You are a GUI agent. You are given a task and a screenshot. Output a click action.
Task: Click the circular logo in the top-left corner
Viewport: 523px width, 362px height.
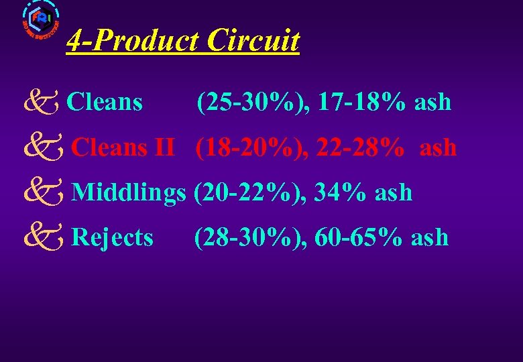40,20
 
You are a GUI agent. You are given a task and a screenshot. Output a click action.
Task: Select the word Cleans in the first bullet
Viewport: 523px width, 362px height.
105,103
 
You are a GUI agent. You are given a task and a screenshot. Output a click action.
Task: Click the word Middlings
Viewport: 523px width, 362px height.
128,193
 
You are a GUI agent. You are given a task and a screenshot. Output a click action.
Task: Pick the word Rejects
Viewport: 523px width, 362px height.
112,237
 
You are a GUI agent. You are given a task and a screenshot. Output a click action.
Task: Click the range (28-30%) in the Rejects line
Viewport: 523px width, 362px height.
249,237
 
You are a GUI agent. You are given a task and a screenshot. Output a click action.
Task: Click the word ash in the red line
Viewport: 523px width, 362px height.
438,148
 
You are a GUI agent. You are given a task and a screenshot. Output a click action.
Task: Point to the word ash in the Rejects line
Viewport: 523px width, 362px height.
430,238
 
